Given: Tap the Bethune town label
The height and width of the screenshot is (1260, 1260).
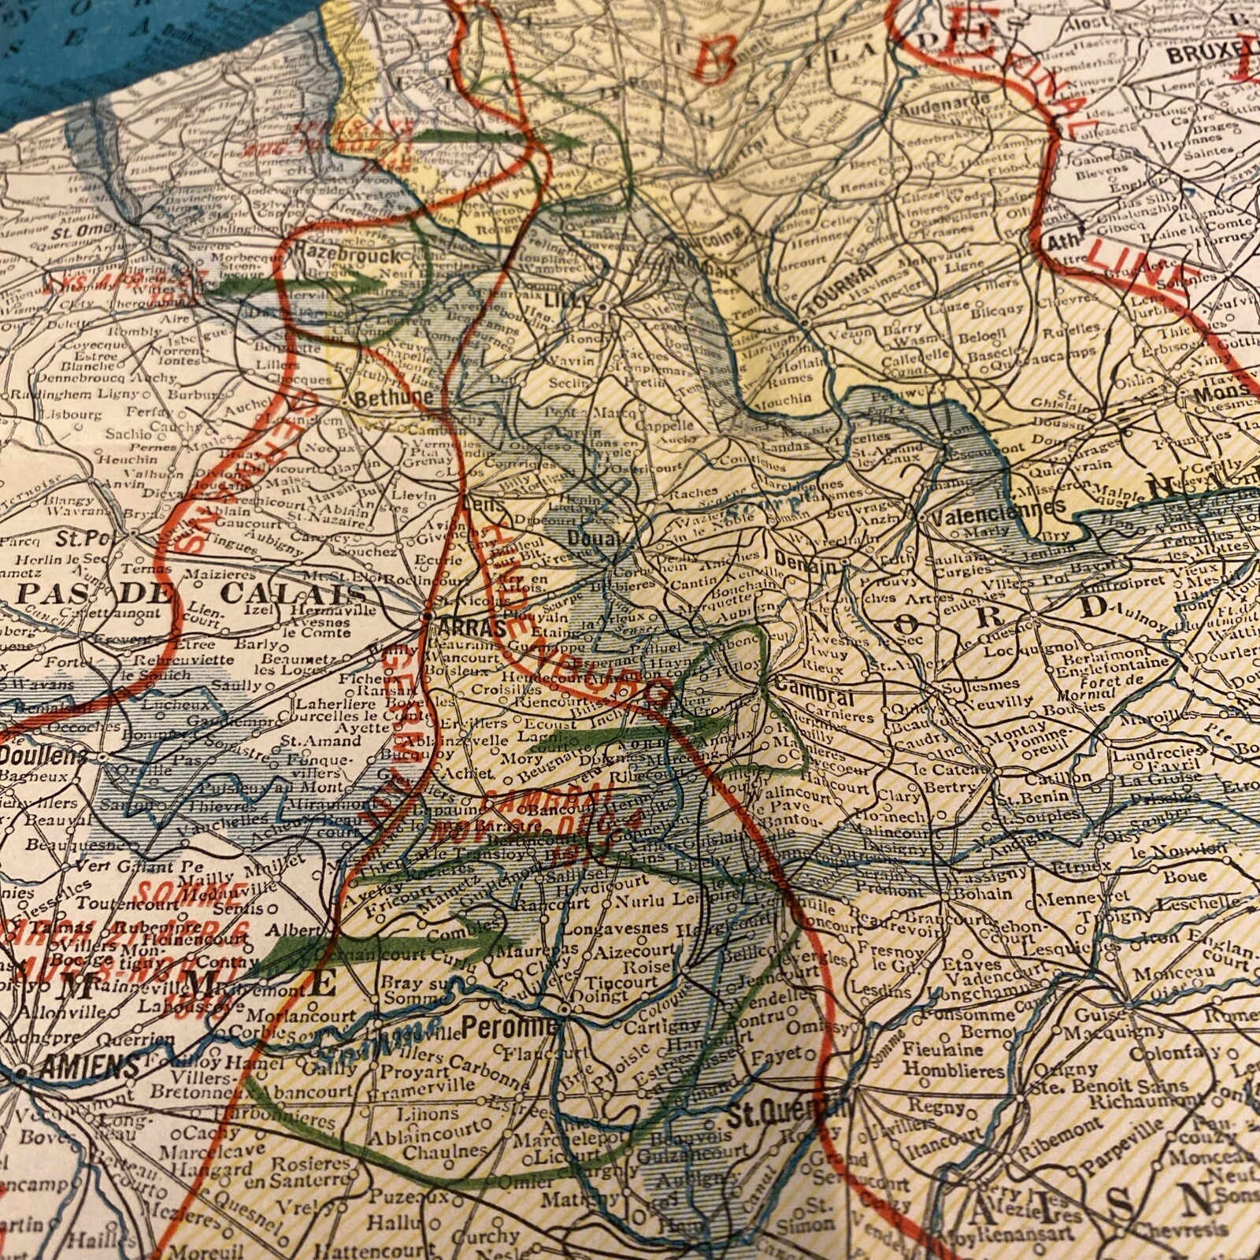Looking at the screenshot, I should pyautogui.click(x=394, y=398).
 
